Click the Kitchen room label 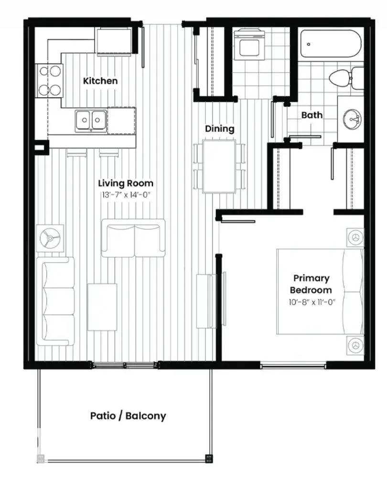click(x=100, y=81)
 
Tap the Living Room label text click(x=126, y=183)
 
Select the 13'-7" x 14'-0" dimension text click(x=126, y=195)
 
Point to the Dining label click(x=220, y=129)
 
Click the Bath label click(x=312, y=115)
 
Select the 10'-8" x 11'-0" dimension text click(x=312, y=302)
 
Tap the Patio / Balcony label click(x=128, y=415)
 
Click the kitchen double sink click(x=91, y=119)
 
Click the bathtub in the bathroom click(x=331, y=44)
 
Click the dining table click(x=219, y=166)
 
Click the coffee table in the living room click(x=102, y=307)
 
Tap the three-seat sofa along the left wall click(x=56, y=301)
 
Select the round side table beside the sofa click(x=50, y=237)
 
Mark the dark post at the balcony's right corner click(x=208, y=458)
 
